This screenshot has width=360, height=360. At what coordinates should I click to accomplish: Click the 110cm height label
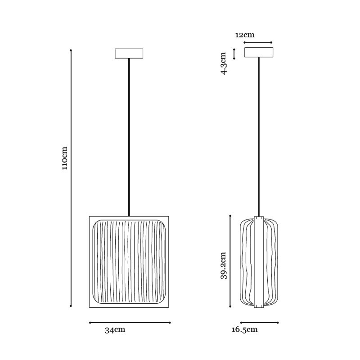tap(65, 158)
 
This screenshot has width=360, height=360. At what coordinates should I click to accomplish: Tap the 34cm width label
tap(115, 330)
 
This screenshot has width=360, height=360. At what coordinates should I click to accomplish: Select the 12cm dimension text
tap(245, 35)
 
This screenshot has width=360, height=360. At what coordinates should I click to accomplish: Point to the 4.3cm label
tap(224, 63)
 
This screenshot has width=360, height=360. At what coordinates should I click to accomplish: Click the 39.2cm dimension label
tap(224, 265)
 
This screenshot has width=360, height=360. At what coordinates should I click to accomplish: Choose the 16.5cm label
tap(244, 330)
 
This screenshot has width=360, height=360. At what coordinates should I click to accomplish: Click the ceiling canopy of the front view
tap(129, 54)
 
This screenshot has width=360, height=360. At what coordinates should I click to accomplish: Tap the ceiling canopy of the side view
tap(259, 52)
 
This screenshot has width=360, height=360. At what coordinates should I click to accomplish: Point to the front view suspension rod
tap(129, 137)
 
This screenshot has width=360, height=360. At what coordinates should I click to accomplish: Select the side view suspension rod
tap(259, 137)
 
